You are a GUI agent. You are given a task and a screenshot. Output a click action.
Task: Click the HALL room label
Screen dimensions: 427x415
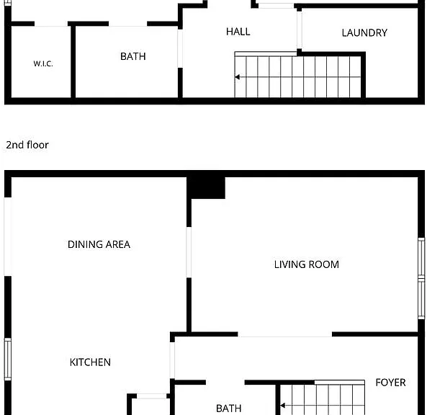(238, 32)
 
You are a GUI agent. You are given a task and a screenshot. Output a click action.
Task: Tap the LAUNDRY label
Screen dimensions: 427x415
(364, 32)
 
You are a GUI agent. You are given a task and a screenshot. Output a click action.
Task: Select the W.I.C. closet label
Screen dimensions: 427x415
(43, 63)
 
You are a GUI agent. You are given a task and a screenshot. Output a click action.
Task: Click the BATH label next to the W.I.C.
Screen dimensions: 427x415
(133, 56)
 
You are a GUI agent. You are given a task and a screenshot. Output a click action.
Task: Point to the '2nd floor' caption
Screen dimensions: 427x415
(27, 145)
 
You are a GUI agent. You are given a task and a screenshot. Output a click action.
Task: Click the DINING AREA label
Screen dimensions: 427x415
(99, 244)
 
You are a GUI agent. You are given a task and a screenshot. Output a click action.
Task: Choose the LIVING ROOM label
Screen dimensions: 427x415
(306, 264)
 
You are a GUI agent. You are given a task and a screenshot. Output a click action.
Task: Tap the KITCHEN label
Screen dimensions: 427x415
(90, 362)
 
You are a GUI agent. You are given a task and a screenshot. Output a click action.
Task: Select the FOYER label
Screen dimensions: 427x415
(390, 383)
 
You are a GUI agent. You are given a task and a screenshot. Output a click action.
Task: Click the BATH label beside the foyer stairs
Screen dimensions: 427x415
(228, 409)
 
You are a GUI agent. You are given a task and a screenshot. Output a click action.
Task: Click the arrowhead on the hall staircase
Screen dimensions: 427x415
(237, 77)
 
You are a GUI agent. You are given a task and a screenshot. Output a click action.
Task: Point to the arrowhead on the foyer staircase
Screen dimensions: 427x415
(283, 406)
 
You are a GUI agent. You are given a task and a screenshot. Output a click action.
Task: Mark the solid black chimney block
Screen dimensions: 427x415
(206, 188)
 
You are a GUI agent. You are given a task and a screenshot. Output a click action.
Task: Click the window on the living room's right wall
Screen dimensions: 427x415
(421, 278)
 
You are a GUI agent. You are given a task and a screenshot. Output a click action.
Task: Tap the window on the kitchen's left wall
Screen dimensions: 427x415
(8, 359)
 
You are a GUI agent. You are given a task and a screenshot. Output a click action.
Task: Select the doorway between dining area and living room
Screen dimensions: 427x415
(189, 252)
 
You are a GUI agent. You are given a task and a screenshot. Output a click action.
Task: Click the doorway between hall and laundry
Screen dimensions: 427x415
(300, 30)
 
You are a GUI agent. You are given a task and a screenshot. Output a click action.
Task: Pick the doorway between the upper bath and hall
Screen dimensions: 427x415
(180, 48)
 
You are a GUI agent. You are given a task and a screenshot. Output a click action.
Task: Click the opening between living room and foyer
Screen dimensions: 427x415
(285, 334)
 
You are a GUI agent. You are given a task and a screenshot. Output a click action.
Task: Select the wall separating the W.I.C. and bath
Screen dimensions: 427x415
(73, 62)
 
